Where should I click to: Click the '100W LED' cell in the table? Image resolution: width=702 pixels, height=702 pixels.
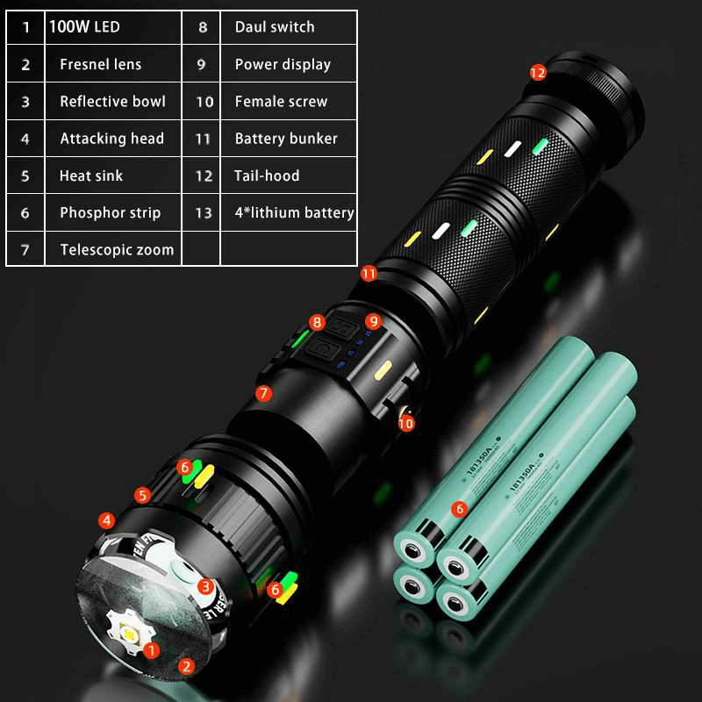click(85, 27)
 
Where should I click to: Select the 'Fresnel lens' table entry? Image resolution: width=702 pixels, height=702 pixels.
click(100, 64)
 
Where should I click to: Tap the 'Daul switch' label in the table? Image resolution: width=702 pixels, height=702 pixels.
click(274, 27)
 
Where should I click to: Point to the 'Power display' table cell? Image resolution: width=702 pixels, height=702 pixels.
click(283, 64)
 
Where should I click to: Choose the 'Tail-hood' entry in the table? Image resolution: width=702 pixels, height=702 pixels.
click(267, 175)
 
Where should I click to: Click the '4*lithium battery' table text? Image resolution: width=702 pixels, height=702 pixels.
click(294, 212)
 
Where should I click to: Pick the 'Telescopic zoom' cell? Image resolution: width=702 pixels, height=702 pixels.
click(117, 249)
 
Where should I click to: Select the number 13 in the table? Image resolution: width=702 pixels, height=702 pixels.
click(204, 212)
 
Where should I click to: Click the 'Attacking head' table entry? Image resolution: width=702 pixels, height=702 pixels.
click(111, 139)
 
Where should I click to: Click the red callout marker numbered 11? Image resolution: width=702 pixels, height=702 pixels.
click(369, 274)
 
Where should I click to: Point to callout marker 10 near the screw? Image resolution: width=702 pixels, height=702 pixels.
click(405, 423)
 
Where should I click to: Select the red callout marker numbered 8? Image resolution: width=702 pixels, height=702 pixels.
click(317, 322)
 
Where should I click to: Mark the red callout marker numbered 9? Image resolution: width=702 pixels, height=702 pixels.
click(373, 321)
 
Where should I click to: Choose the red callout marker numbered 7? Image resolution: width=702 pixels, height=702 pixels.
click(264, 393)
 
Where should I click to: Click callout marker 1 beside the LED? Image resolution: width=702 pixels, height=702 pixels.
click(151, 650)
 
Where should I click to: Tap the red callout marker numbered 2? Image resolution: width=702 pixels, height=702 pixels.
click(186, 666)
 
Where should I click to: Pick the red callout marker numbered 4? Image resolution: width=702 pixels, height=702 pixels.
click(106, 520)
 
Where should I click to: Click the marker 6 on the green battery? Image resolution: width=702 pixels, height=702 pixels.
click(457, 508)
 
